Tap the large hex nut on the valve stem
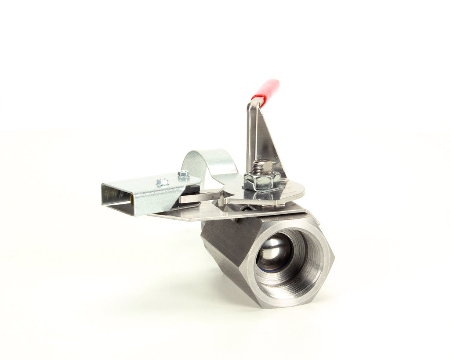(262, 180)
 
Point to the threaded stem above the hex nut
(262, 166)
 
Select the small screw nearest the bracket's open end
(163, 182)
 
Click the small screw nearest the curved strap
(184, 174)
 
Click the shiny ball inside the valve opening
(274, 252)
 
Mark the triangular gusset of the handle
(269, 140)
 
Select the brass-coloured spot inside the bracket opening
(132, 202)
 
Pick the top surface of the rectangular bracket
(145, 184)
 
